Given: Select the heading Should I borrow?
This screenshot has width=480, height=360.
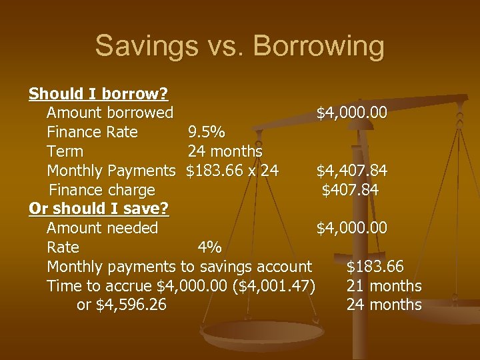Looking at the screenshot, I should (x=99, y=93).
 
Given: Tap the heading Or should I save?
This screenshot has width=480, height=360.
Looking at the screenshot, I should (x=99, y=209).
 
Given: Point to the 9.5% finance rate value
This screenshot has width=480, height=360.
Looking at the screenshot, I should (x=210, y=132).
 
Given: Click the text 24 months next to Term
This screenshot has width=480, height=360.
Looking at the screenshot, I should (x=225, y=151).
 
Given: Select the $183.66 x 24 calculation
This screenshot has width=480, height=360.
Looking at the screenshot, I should (x=232, y=171).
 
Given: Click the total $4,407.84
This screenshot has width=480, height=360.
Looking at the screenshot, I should (x=351, y=171).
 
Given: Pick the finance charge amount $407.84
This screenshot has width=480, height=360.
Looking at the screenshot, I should (x=350, y=190).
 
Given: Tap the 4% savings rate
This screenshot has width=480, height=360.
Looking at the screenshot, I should (x=210, y=247).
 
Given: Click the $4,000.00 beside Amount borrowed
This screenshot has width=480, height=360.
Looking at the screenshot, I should (x=351, y=113).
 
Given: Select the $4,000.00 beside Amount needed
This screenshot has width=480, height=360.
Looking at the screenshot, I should (x=351, y=228).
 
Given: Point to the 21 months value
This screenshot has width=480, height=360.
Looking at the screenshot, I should (x=384, y=286).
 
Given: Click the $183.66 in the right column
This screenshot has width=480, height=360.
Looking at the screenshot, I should (x=375, y=267).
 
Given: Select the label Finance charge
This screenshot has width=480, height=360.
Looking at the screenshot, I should (x=102, y=190).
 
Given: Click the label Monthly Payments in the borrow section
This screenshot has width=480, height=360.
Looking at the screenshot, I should (x=111, y=171).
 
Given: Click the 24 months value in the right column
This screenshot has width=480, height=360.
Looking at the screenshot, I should (x=384, y=305).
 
